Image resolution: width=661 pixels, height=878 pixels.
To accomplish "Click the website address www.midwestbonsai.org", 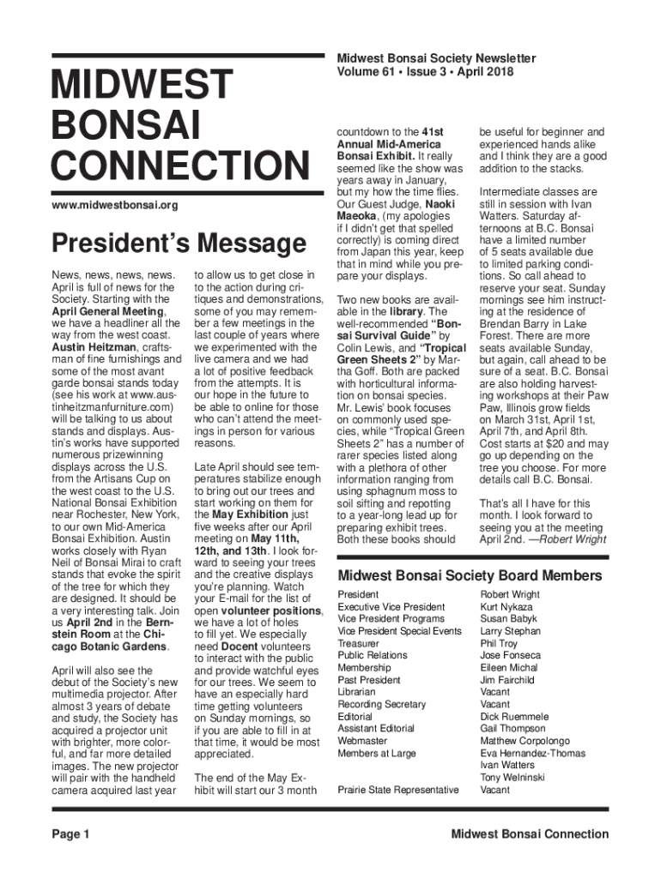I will (x=115, y=206).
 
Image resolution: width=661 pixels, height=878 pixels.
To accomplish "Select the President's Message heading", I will (x=179, y=244).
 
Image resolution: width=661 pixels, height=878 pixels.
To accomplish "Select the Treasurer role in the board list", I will (x=358, y=643).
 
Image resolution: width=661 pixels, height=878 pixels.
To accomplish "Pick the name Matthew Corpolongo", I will (x=525, y=741).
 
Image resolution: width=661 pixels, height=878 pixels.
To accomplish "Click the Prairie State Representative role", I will (x=397, y=790).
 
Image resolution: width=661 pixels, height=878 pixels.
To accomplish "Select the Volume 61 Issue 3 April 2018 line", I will (x=425, y=72).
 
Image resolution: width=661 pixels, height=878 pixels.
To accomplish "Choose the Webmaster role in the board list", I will (x=362, y=741).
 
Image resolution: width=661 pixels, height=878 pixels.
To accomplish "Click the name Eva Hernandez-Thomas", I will (x=533, y=754).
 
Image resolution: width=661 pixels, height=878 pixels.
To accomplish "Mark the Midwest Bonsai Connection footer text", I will (x=531, y=834).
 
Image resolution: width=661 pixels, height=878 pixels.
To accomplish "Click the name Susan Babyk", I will (x=509, y=618).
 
